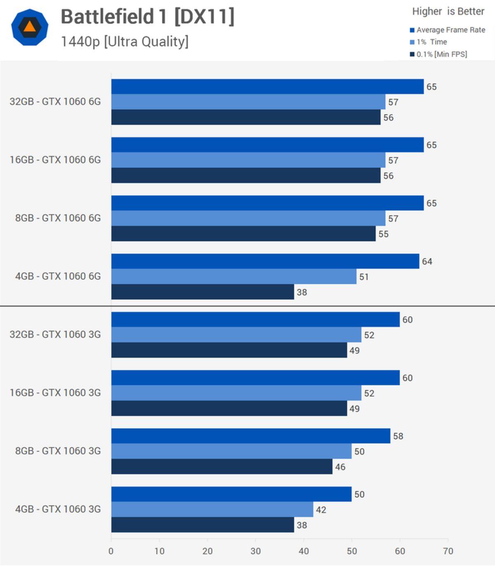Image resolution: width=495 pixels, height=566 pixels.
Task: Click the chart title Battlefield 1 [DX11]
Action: [x=147, y=17]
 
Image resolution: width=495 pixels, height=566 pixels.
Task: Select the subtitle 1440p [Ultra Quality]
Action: [x=125, y=42]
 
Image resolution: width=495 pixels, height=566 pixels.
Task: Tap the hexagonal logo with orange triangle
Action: [x=30, y=27]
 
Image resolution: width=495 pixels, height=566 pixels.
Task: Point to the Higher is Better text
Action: [x=448, y=12]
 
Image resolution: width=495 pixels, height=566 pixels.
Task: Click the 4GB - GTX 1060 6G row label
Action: [x=58, y=276]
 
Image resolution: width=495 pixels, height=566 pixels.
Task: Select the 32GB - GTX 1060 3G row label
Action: [x=55, y=334]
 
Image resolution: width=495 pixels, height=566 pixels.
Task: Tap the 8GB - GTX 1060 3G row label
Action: [x=58, y=451]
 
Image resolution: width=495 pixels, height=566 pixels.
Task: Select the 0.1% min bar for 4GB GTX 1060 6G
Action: [x=202, y=292]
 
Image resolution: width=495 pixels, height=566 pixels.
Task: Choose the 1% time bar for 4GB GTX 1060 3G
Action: [x=212, y=510]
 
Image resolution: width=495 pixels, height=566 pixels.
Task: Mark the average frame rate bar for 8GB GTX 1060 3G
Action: [x=250, y=436]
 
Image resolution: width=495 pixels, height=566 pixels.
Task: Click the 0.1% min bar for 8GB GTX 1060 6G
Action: [x=243, y=234]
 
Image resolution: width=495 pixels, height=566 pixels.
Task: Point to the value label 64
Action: [x=427, y=262]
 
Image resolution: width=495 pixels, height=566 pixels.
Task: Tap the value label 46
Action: [x=340, y=467]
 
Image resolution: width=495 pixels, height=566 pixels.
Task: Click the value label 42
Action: [x=321, y=510]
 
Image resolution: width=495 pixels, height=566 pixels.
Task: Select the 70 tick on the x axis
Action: [x=448, y=551]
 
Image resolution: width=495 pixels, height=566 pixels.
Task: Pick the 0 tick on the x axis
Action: [x=111, y=551]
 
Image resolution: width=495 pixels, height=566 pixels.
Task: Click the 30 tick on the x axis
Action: [x=255, y=551]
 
